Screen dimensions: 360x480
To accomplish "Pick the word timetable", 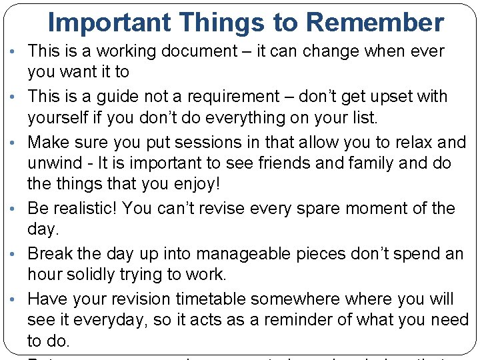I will coord(243,299).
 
